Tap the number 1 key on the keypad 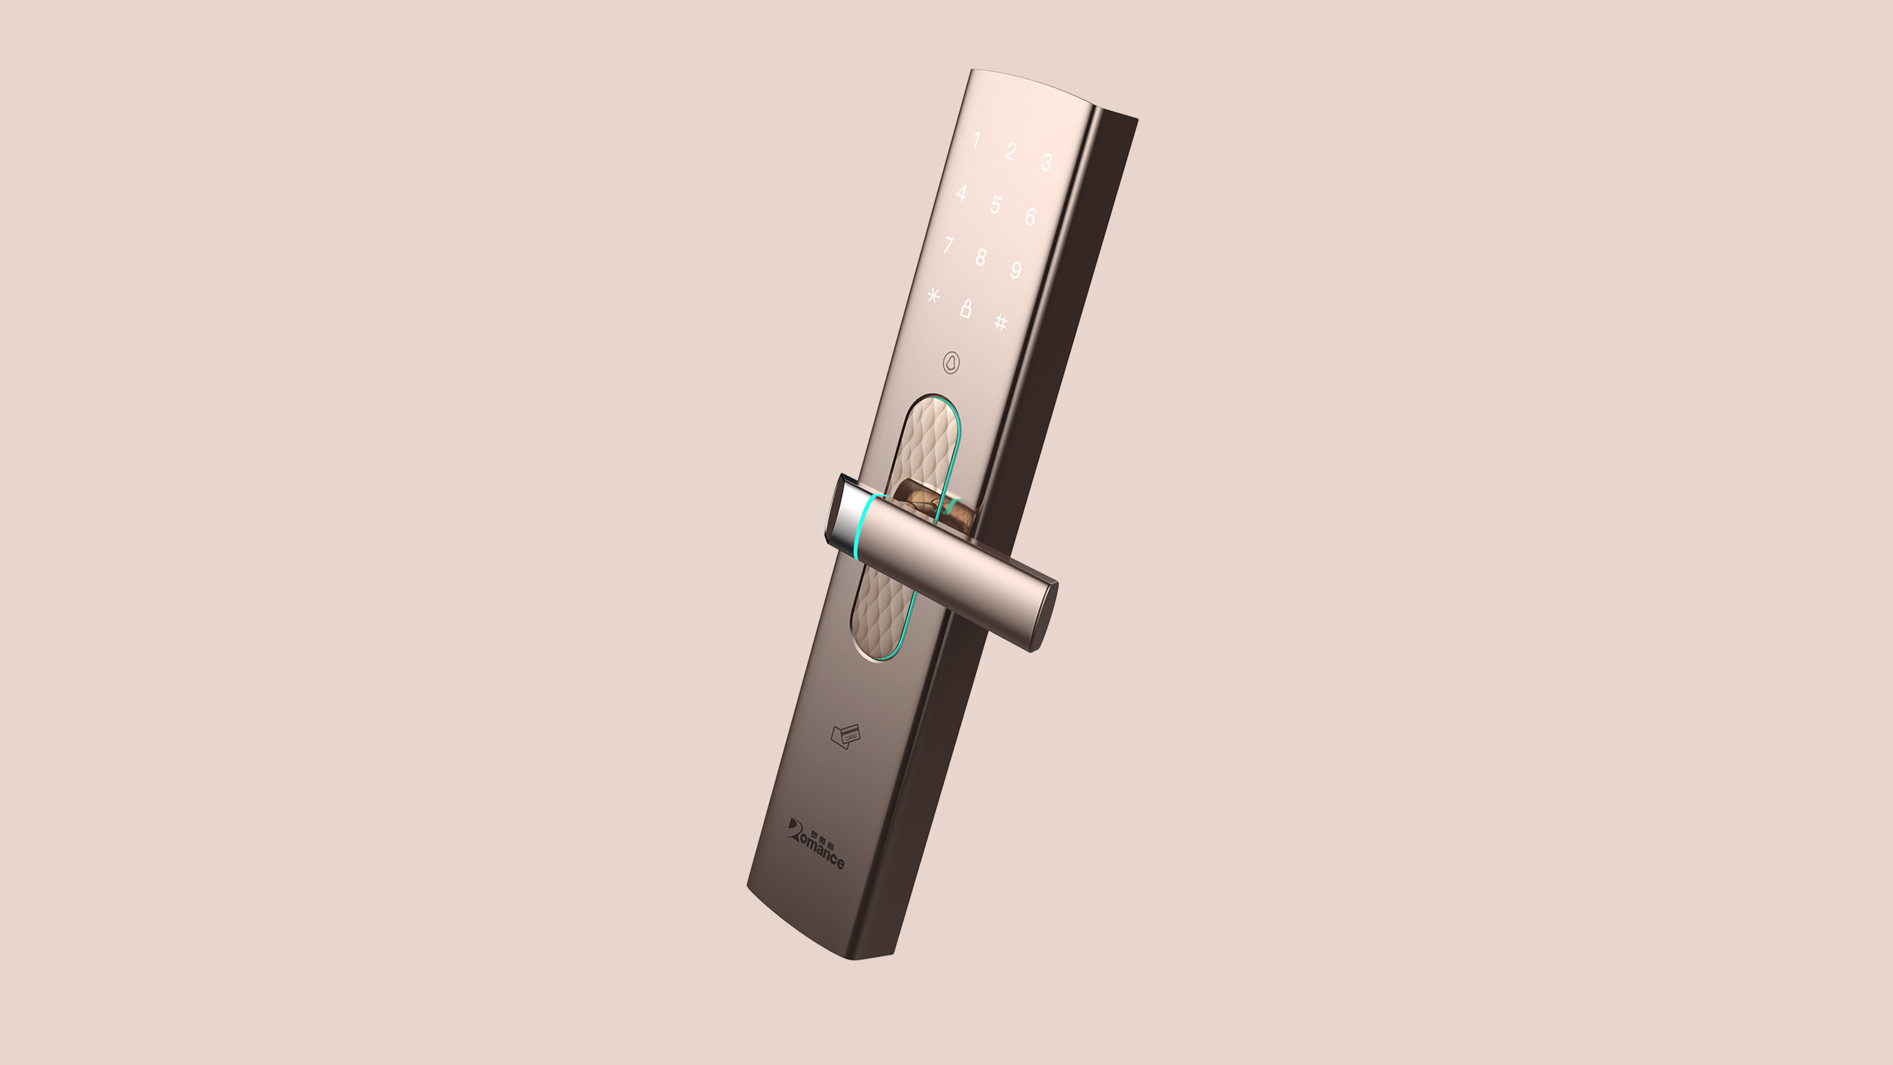point(976,140)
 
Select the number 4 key point(961,193)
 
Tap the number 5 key point(995,204)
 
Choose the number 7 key point(948,244)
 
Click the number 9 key point(1016,270)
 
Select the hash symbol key point(1000,321)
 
